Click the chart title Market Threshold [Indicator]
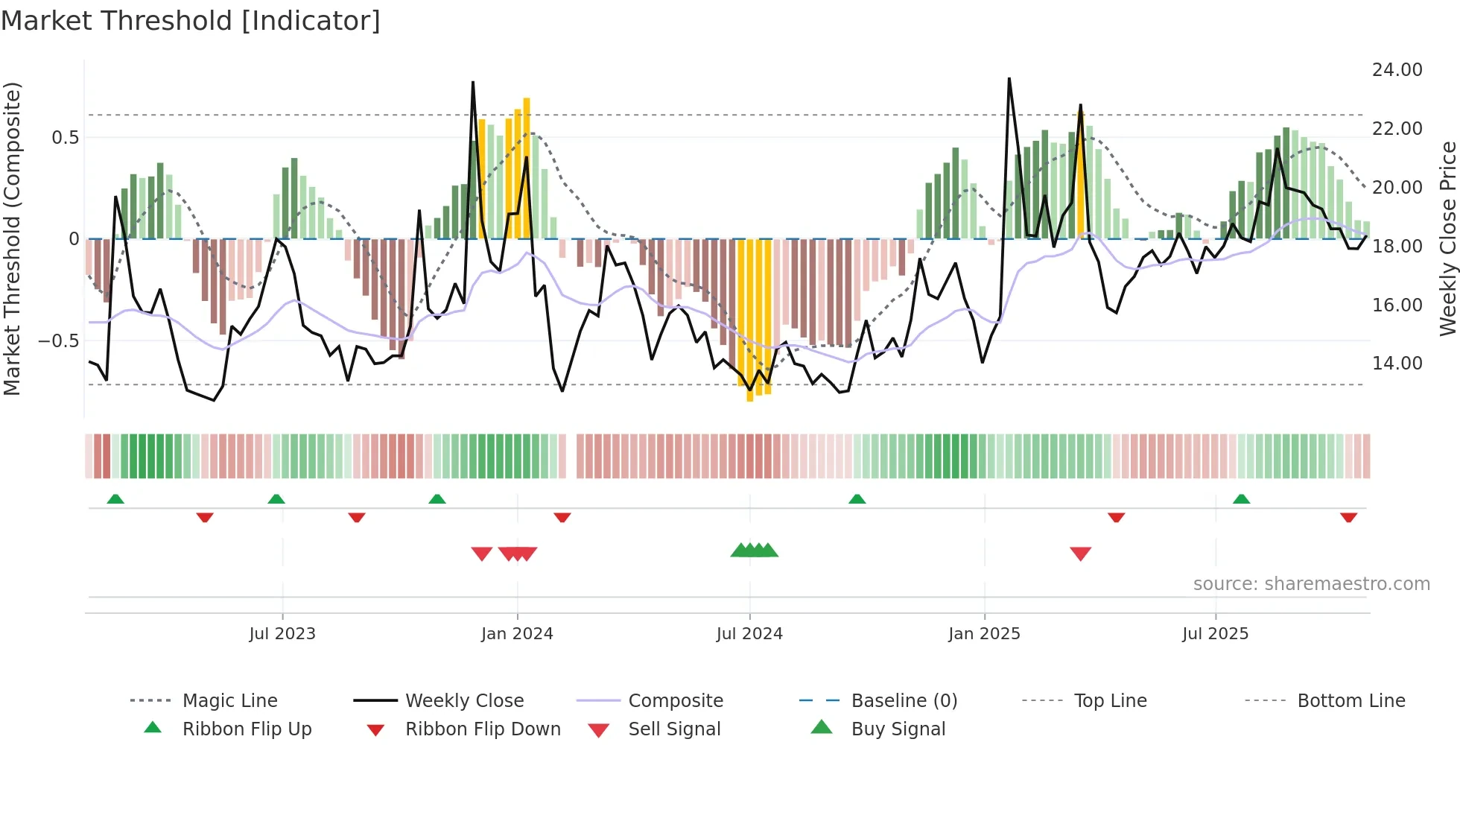(x=191, y=21)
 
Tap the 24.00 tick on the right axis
(x=1397, y=70)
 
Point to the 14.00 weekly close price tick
(x=1397, y=364)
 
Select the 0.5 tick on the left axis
(x=66, y=138)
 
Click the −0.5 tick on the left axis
(x=58, y=341)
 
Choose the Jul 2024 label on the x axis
(x=749, y=634)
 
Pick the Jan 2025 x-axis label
(x=984, y=634)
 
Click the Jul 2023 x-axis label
(x=282, y=634)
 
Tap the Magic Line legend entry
(x=229, y=701)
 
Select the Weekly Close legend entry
(x=464, y=701)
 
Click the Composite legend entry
(x=676, y=701)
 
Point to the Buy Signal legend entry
(x=898, y=729)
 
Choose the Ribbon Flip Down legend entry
(x=483, y=729)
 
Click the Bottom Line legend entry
(x=1350, y=701)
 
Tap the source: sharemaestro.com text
(x=1311, y=584)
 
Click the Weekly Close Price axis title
(x=1447, y=238)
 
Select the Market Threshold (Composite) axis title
(x=12, y=238)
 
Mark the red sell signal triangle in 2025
(x=1080, y=554)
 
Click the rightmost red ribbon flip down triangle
(x=1348, y=517)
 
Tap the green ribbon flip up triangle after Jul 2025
(x=1241, y=499)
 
